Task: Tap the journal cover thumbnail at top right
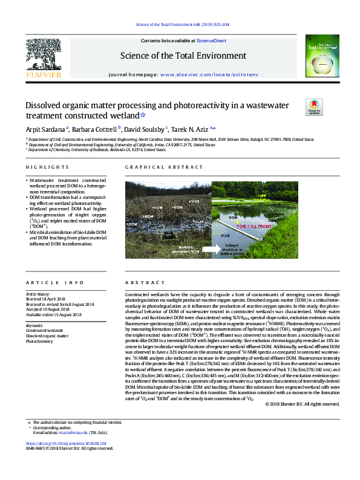click(x=320, y=58)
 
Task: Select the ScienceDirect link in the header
click(x=212, y=41)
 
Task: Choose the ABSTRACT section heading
click(x=140, y=283)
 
